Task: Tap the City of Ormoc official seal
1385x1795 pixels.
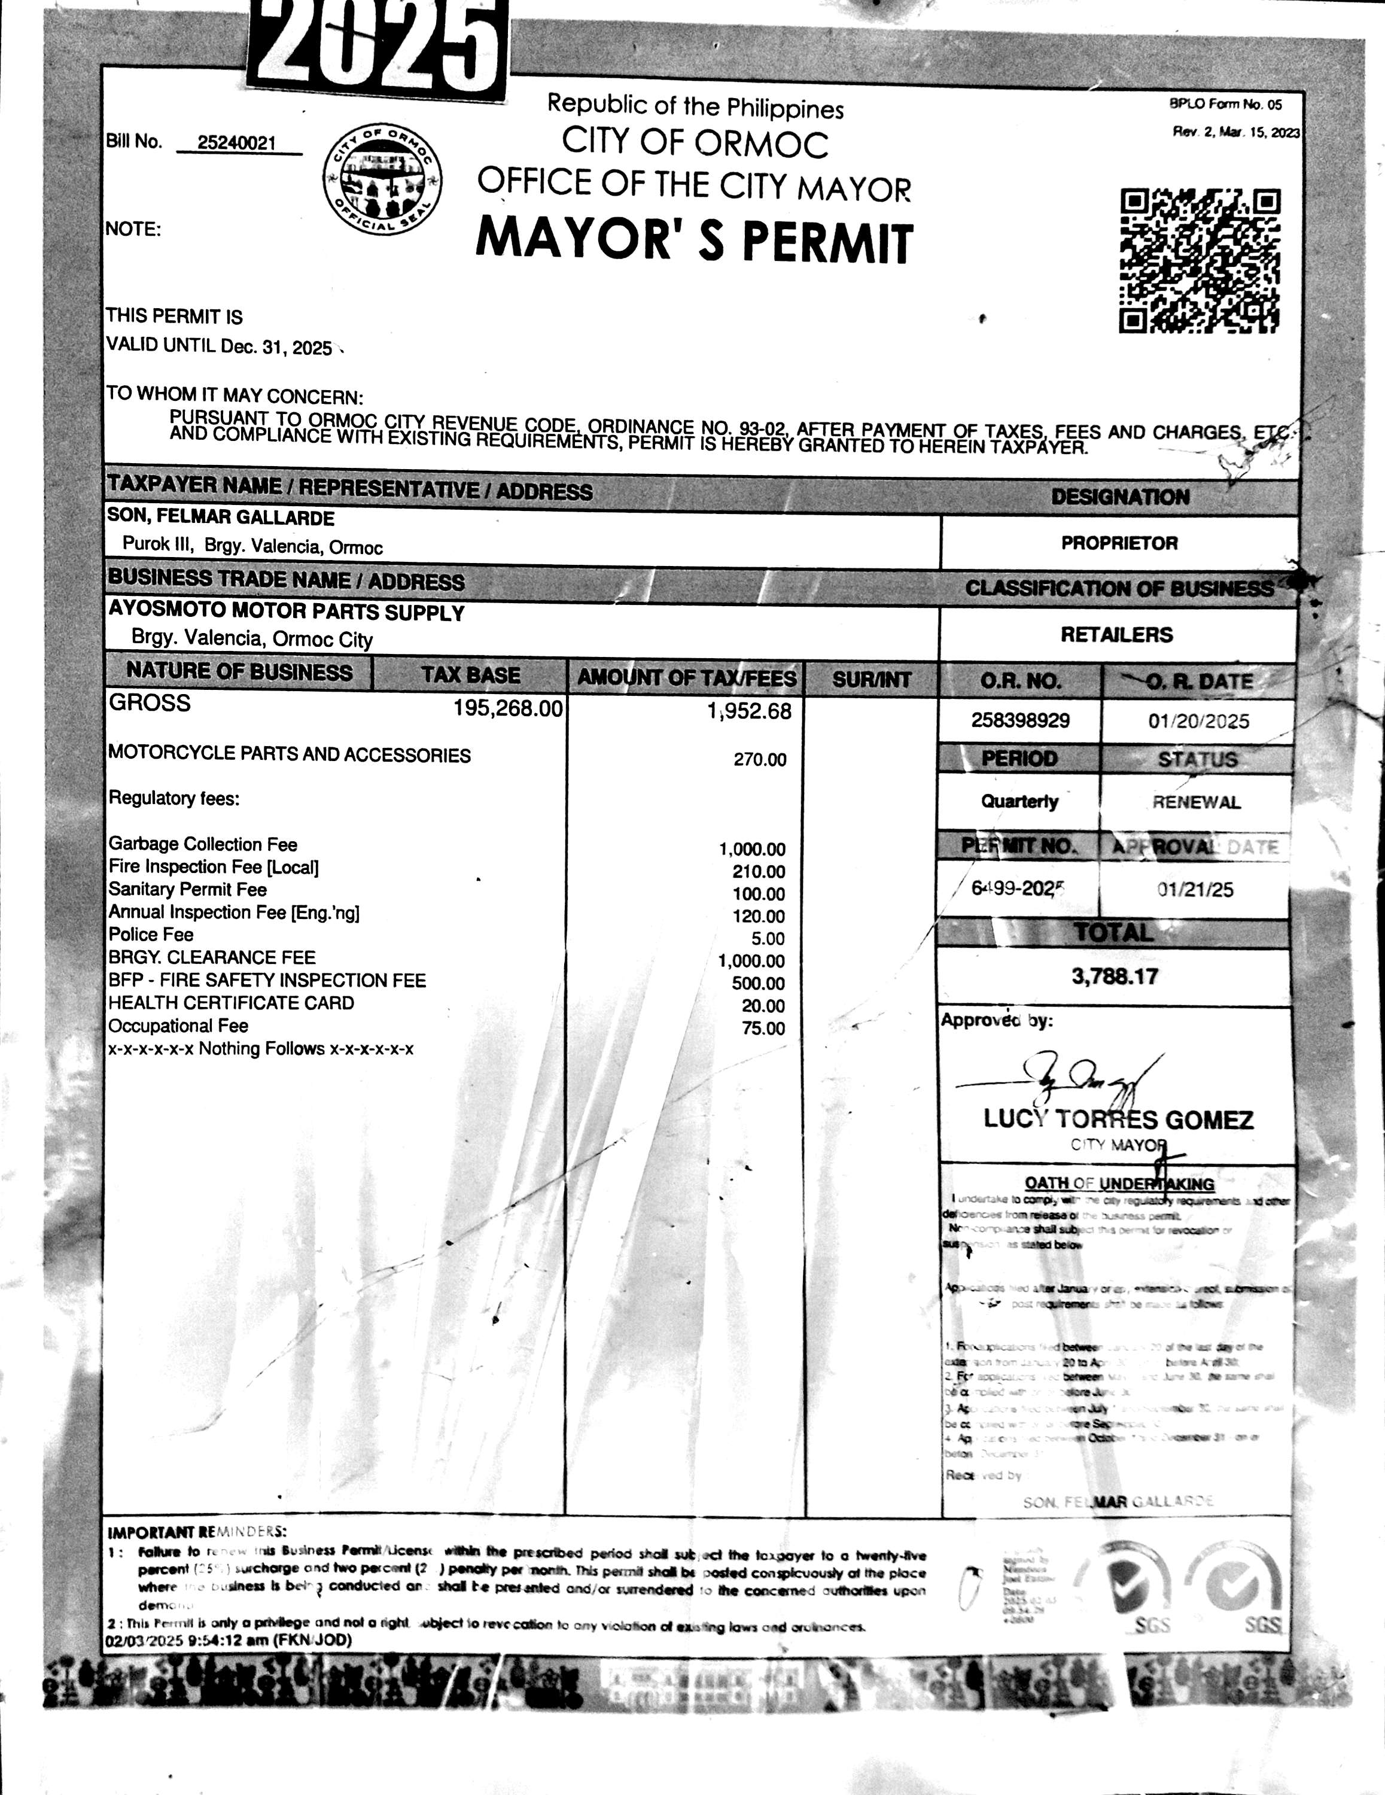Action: [382, 179]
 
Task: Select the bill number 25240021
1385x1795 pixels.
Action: [237, 143]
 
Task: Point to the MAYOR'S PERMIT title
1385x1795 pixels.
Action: [695, 240]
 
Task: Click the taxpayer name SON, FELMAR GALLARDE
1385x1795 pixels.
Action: [221, 518]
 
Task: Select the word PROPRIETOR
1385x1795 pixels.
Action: [1119, 543]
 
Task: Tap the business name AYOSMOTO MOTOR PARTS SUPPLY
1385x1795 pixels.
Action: [287, 612]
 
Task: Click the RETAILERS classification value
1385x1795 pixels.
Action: [1116, 634]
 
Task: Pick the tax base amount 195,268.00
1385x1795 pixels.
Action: [508, 708]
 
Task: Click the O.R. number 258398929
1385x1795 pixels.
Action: [1020, 721]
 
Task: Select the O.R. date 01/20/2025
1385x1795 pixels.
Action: [1198, 722]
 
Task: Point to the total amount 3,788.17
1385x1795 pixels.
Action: [1115, 976]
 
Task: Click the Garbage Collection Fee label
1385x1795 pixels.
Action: [203, 844]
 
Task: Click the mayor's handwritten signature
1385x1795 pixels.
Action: [1077, 1076]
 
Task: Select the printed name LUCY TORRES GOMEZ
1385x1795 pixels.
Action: [1118, 1119]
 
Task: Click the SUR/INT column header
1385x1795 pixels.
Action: [871, 680]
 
